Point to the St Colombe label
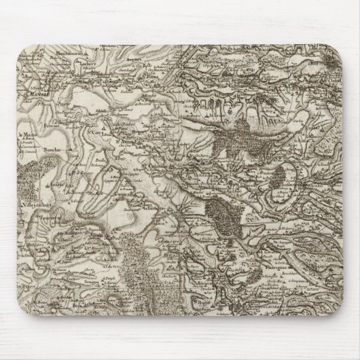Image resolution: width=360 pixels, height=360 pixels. [156, 164]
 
